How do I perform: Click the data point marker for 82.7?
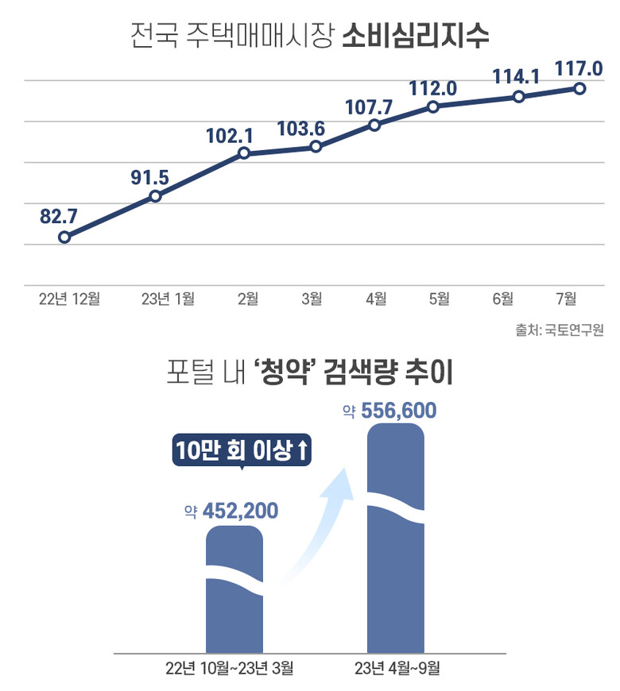[x=64, y=237]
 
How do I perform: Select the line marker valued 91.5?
[x=155, y=195]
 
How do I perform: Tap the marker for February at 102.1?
[x=244, y=153]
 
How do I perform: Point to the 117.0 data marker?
[x=579, y=88]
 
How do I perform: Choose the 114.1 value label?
[x=517, y=77]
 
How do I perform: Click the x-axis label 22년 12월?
[x=70, y=299]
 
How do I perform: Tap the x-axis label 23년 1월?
[x=168, y=299]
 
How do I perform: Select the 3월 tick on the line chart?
[x=312, y=299]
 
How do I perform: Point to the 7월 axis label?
[x=567, y=299]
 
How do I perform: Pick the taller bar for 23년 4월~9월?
[x=396, y=540]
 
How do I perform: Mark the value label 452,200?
[x=240, y=511]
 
